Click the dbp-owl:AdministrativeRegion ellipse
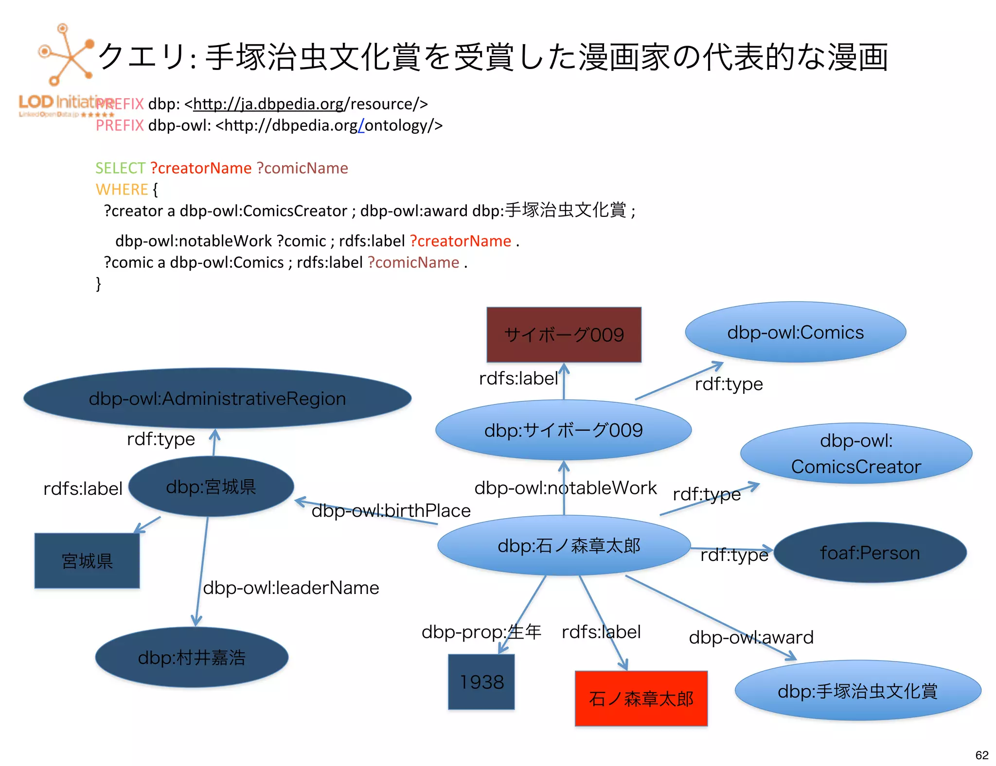tap(217, 398)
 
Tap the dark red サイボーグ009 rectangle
tap(564, 335)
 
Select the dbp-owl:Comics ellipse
tap(795, 332)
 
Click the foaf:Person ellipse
tap(870, 553)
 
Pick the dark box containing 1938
tap(481, 682)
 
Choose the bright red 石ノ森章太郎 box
tap(641, 698)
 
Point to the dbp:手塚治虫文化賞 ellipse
tap(857, 691)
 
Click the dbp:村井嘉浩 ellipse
tap(192, 658)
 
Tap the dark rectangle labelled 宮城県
tap(87, 561)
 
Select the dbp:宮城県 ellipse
tap(211, 487)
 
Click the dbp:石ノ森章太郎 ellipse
tap(564, 545)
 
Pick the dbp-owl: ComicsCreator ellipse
tap(856, 453)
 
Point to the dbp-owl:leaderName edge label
tap(291, 588)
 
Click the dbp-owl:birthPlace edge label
tap(391, 510)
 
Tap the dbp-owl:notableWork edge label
tap(566, 487)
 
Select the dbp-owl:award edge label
tap(751, 637)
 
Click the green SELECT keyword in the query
tap(120, 168)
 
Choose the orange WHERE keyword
tap(122, 190)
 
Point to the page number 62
tap(981, 755)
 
